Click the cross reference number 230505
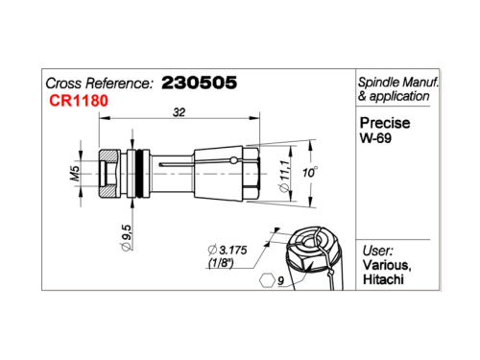pyautogui.click(x=199, y=83)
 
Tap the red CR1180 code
pyautogui.click(x=79, y=101)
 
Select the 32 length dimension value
pyautogui.click(x=179, y=112)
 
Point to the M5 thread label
pyautogui.click(x=75, y=173)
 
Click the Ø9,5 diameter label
pyautogui.click(x=127, y=237)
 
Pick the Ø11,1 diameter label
pyautogui.click(x=284, y=176)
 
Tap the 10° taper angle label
pyautogui.click(x=310, y=173)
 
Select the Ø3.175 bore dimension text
pyautogui.click(x=228, y=250)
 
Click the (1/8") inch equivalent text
pyautogui.click(x=221, y=263)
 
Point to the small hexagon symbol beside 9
pyautogui.click(x=267, y=280)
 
